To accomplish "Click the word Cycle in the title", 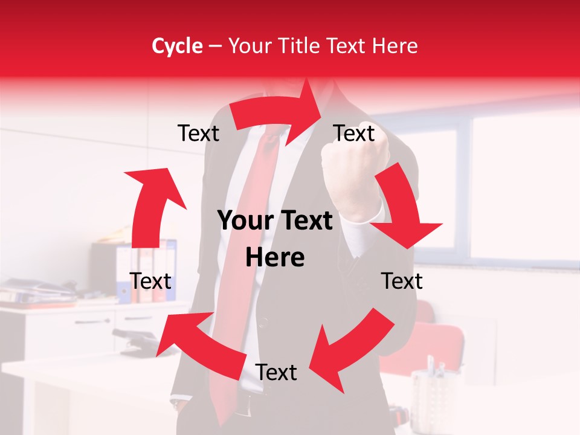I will [x=177, y=46].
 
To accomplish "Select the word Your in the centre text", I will [x=241, y=221].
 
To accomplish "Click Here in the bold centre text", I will [x=275, y=257].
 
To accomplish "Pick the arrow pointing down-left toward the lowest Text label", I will [x=350, y=347].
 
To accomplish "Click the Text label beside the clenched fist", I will [x=355, y=133].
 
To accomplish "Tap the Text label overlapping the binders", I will [x=150, y=281].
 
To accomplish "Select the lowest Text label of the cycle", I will [x=276, y=372].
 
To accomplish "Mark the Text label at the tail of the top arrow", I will [x=198, y=133].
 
